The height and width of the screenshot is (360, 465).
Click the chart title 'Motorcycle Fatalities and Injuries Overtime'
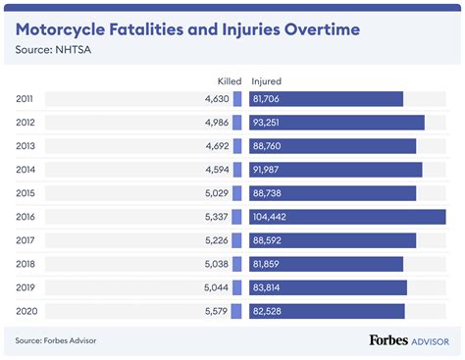click(x=186, y=28)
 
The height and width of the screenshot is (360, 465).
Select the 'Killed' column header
click(x=228, y=81)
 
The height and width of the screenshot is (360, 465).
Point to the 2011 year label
click(x=26, y=98)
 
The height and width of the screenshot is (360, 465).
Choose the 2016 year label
click(x=26, y=217)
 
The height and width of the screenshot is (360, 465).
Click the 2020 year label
click(x=26, y=311)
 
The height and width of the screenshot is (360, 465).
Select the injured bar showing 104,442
click(x=348, y=217)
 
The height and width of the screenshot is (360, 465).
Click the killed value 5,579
click(x=216, y=311)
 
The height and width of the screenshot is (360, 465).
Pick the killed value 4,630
click(x=216, y=98)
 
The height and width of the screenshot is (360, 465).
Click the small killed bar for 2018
click(x=236, y=264)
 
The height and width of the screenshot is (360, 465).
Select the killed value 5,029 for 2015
click(x=216, y=193)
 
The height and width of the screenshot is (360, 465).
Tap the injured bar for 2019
click(x=329, y=287)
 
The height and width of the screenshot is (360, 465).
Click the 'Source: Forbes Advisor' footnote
click(x=56, y=340)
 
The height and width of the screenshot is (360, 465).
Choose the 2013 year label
click(x=26, y=146)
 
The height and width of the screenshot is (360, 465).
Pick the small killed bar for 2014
click(x=236, y=170)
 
